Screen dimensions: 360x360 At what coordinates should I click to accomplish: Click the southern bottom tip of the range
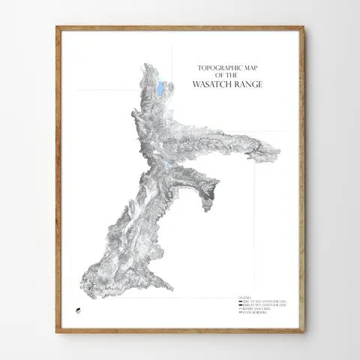(171, 290)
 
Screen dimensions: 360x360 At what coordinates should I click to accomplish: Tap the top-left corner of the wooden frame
(57, 27)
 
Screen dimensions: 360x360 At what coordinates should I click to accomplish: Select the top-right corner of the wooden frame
(304, 27)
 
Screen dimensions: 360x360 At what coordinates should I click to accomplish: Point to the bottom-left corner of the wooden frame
(57, 331)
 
